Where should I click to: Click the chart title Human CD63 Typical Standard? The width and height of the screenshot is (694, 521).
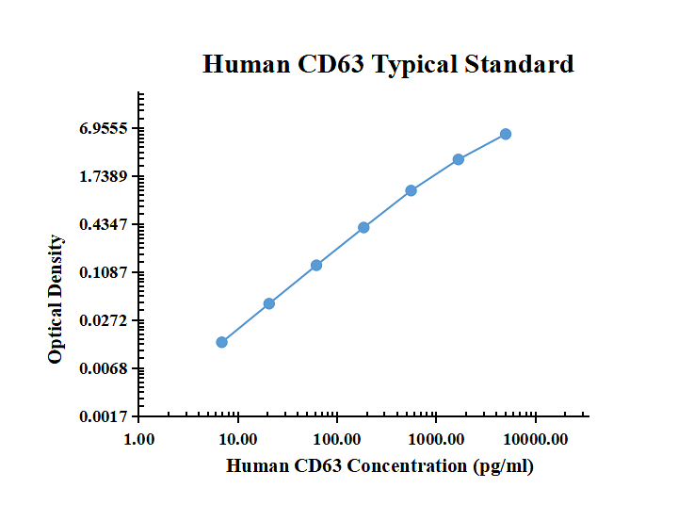388,65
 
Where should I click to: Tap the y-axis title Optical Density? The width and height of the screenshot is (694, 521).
56,300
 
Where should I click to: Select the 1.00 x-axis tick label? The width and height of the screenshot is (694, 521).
139,439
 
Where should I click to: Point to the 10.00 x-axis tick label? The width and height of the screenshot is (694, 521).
238,439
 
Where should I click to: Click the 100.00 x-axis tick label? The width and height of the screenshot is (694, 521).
337,439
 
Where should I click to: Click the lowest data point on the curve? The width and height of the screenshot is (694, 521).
221,342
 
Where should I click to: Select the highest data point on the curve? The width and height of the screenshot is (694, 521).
506,134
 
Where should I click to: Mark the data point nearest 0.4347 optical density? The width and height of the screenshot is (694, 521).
363,227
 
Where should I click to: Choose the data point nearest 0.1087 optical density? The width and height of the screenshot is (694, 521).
316,265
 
